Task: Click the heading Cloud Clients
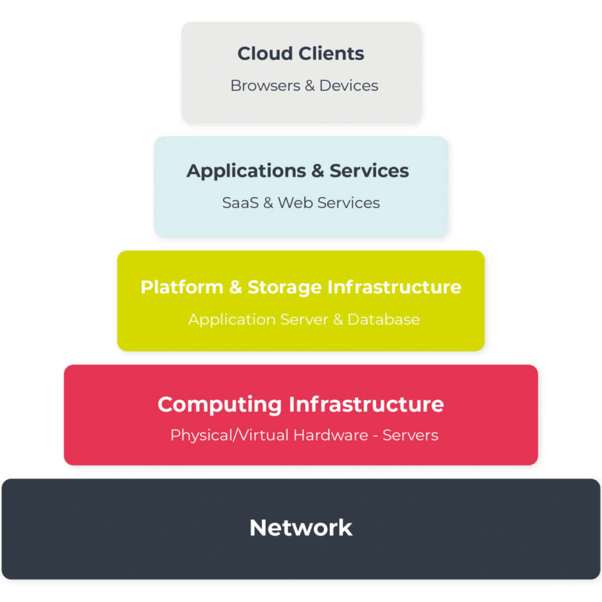300,53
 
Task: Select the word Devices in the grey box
349,86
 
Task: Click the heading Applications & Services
297,171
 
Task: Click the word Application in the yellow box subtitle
224,320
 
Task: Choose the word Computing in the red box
220,404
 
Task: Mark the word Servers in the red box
410,436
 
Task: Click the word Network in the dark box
300,527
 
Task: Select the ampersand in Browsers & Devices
310,86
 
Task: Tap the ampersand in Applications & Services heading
317,171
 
